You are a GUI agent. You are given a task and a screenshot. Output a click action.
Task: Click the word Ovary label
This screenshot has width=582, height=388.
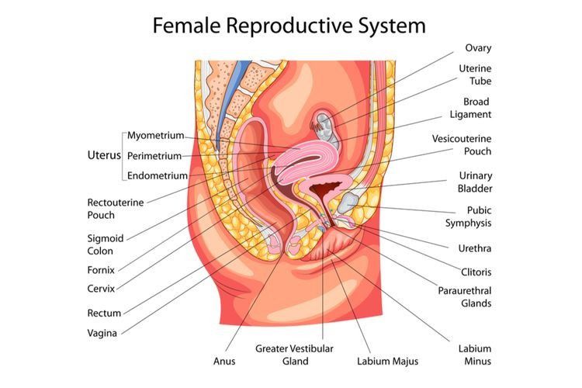click(x=478, y=47)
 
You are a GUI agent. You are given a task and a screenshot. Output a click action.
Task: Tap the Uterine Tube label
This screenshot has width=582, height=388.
click(x=474, y=74)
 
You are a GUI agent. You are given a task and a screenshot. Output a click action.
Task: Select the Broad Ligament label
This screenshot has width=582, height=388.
click(x=470, y=108)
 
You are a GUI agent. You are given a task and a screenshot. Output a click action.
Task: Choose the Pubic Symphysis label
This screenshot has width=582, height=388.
click(x=469, y=217)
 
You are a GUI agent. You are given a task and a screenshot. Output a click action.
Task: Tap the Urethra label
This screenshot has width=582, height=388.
click(x=475, y=248)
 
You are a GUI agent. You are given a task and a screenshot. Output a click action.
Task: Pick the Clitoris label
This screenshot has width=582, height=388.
click(x=476, y=272)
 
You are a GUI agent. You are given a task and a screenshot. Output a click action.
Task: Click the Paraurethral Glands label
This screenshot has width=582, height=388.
click(x=465, y=296)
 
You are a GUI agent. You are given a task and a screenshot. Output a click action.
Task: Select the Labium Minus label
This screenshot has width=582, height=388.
click(x=474, y=355)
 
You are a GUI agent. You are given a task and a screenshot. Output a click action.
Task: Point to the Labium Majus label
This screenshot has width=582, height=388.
click(x=387, y=361)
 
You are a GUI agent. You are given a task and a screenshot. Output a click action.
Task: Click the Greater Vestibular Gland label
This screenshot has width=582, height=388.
click(x=295, y=355)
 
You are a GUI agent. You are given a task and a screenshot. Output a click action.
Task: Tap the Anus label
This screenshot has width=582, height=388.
click(x=224, y=361)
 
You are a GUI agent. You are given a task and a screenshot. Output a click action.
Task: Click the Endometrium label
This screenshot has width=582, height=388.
click(x=158, y=175)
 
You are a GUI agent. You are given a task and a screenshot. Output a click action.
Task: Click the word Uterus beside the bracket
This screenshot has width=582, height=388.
click(x=103, y=154)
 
